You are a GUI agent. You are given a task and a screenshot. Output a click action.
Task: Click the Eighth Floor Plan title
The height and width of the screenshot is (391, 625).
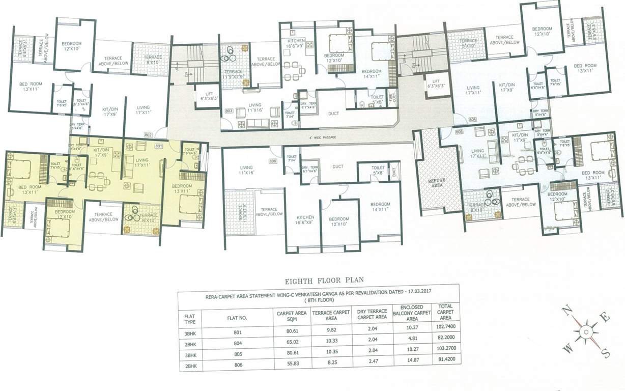tap(320, 279)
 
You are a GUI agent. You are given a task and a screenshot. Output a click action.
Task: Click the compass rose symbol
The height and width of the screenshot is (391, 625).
tap(586, 331)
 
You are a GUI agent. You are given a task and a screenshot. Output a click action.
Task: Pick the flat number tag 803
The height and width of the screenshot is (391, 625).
tap(229, 110)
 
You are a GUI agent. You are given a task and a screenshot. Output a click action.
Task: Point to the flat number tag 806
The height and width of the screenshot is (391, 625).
tap(272, 161)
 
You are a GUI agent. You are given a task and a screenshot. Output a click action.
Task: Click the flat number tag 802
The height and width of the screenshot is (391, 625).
tap(148, 135)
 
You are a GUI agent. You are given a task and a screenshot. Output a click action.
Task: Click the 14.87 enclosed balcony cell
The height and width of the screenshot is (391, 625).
tap(412, 365)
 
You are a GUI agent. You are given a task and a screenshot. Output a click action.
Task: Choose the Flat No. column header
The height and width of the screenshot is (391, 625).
tap(236, 317)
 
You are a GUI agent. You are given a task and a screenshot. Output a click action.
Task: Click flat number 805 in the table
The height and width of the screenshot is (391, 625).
tap(236, 354)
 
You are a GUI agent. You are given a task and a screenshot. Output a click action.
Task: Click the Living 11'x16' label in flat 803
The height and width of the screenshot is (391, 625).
tap(254, 107)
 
